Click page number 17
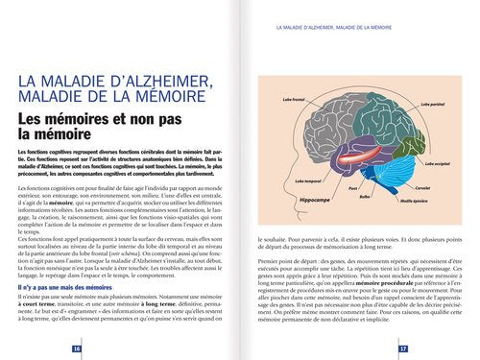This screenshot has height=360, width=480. coord(403,348)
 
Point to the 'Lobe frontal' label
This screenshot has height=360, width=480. coord(294,98)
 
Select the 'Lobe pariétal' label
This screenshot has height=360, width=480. coord(433,104)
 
